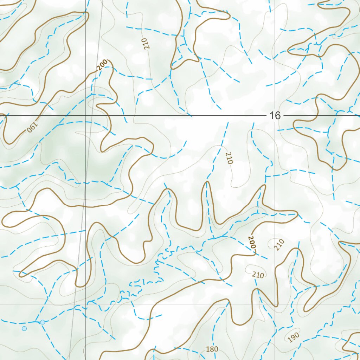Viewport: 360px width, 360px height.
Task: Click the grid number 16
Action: (275, 115)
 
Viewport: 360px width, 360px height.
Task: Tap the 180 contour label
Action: (212, 349)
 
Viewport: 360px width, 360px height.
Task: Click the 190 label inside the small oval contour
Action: (293, 337)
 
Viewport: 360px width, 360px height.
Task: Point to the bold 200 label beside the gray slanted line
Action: (102, 65)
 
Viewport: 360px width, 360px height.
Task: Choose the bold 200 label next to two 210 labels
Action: (251, 243)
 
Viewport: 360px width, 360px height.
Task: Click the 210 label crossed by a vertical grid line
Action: (279, 244)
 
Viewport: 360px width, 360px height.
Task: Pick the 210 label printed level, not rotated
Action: (258, 275)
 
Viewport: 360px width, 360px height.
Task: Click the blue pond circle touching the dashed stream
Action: (43, 322)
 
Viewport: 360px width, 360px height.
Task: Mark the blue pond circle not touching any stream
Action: (24, 328)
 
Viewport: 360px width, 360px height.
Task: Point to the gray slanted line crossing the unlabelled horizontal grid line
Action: (75, 305)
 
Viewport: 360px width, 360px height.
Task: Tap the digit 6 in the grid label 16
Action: (278, 115)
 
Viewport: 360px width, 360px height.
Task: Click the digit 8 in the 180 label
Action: (212, 349)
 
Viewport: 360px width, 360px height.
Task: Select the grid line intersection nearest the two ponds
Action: (86, 305)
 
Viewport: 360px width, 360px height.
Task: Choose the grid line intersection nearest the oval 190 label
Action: (275, 305)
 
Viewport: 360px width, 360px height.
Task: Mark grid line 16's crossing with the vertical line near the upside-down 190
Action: (86, 115)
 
